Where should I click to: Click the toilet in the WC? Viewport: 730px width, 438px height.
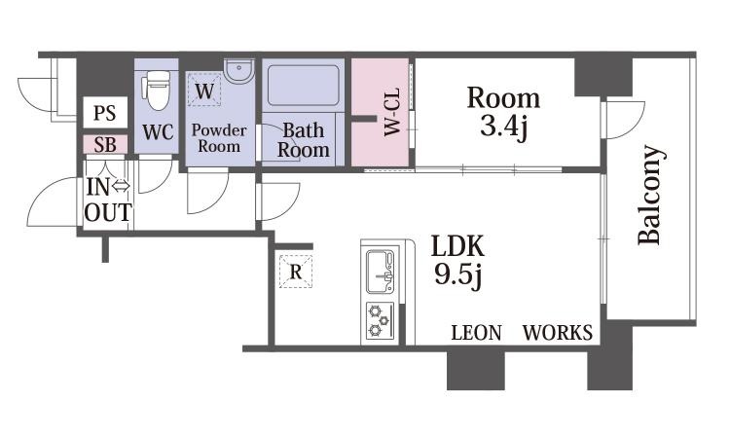click(157, 91)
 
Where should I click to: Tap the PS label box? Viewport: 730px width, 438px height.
click(105, 113)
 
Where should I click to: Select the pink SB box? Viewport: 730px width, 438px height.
click(105, 145)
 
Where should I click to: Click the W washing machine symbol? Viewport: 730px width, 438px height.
click(204, 90)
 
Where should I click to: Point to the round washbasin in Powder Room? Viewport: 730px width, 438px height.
click(238, 72)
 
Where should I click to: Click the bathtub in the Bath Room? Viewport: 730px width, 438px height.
click(304, 86)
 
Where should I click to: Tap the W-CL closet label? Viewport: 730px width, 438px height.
click(392, 112)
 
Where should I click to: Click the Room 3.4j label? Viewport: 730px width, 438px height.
click(504, 112)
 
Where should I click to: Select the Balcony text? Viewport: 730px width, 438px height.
click(649, 195)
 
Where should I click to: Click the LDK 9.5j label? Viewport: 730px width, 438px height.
click(458, 261)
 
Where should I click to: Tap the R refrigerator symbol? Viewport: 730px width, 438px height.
click(296, 272)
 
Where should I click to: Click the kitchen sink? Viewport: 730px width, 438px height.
click(381, 273)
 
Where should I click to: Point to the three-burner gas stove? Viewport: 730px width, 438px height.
click(380, 321)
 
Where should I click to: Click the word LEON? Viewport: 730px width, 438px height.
click(477, 333)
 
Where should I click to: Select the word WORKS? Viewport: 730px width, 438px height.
click(558, 333)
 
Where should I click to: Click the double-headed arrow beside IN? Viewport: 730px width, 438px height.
click(121, 186)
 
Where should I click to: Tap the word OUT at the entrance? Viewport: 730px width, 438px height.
click(108, 212)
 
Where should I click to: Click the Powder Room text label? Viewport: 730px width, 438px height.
click(219, 138)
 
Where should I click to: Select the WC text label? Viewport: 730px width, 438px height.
click(159, 132)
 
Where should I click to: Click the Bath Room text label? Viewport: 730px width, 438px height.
click(304, 140)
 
